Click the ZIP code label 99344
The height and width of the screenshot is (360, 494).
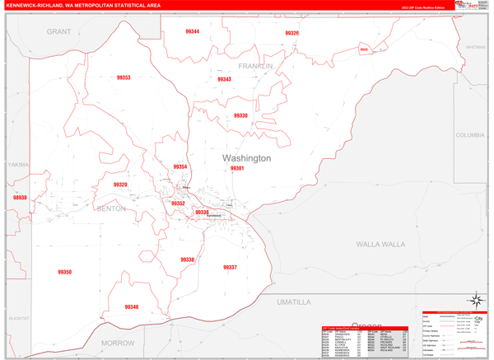pos(193,31)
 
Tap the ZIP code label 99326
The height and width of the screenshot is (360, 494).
pos(292,33)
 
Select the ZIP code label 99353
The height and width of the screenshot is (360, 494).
pos(123,77)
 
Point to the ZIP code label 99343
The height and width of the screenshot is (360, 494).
pos(224,80)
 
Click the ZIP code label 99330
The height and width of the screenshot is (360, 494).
pos(240,116)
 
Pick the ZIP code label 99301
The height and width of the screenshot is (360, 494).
pos(237,168)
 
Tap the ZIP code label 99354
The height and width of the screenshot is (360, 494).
pos(180,167)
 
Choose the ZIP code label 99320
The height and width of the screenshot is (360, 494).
pos(120,185)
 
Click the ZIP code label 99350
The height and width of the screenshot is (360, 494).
pos(65,272)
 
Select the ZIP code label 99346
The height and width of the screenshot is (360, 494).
pos(132,307)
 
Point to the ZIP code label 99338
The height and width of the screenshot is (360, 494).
pos(188,259)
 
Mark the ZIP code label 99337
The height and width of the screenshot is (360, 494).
pos(230,267)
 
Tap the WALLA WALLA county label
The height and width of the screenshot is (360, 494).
pos(380,245)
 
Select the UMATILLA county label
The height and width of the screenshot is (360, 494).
pos(295,302)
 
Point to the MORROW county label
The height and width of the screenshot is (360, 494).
pos(118,342)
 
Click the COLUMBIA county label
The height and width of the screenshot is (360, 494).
pos(471,134)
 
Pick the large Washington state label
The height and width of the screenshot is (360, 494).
pos(246,157)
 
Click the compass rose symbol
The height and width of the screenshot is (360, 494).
pos(475,301)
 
